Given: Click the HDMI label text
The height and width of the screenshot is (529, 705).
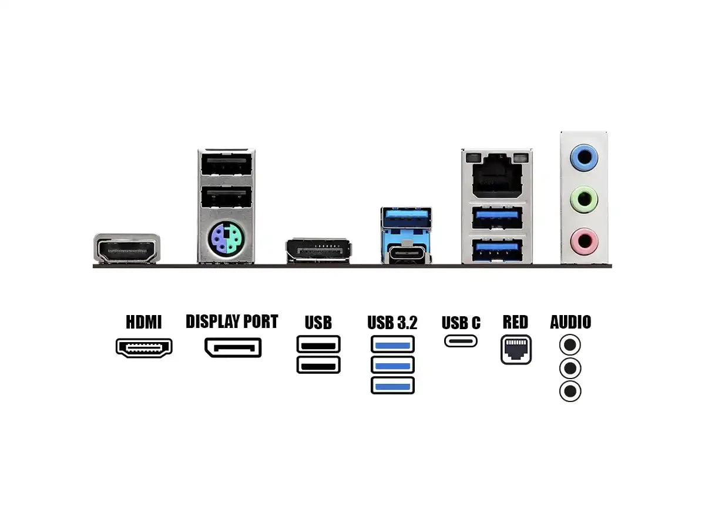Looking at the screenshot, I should [x=143, y=322].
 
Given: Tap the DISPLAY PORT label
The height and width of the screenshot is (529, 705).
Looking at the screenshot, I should [x=231, y=322].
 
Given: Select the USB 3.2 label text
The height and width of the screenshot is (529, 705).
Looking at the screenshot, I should [x=392, y=323].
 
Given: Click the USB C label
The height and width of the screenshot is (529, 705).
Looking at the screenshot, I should [x=461, y=323].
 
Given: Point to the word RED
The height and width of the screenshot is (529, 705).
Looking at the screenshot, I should [x=515, y=322].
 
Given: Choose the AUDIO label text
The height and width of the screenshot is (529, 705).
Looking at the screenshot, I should [x=570, y=322].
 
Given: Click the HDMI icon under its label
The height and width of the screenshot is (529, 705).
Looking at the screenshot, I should [x=144, y=347].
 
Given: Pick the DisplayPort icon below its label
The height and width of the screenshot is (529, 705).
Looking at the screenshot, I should [x=233, y=347].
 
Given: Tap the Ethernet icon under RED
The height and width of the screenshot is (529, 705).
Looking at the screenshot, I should [x=516, y=349].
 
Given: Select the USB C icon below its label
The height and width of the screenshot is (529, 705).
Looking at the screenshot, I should [x=461, y=341].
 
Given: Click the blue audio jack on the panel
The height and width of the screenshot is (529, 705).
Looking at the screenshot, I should [x=585, y=157].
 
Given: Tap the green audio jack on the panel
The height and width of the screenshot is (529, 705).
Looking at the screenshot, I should [x=585, y=199].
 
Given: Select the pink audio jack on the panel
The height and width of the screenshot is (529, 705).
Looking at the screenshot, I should [x=585, y=240].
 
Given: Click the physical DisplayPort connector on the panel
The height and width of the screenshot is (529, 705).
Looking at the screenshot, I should [x=318, y=250].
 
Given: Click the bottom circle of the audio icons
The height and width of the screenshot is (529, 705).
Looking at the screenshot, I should [x=570, y=391].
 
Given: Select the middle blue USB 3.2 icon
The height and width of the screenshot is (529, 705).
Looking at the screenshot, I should [x=392, y=365].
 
